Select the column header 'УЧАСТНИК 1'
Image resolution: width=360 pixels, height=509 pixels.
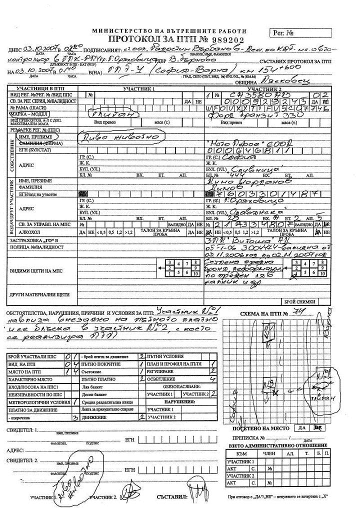click(141, 88)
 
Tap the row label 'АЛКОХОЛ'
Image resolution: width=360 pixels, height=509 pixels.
click(21, 232)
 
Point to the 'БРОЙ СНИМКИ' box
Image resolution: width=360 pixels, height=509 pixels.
click(300, 302)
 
